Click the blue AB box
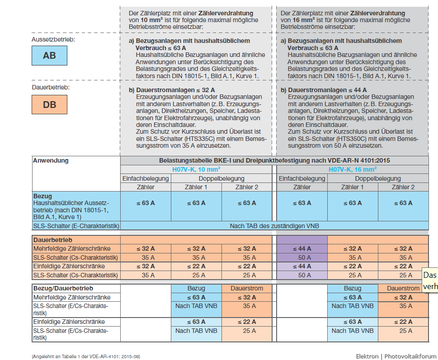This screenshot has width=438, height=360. (50, 56)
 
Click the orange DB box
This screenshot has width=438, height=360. (50, 104)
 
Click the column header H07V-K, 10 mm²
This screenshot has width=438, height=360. (196, 169)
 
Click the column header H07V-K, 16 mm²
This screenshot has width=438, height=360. (353, 169)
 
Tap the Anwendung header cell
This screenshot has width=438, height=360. (51, 161)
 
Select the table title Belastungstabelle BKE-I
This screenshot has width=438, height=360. (274, 160)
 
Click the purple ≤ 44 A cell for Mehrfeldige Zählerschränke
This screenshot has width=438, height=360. (302, 249)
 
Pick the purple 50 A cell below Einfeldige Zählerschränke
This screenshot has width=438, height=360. (302, 275)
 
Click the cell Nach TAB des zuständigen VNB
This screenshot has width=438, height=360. (274, 225)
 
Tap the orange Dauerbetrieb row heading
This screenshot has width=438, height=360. (53, 240)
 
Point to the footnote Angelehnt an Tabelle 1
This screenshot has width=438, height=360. (86, 356)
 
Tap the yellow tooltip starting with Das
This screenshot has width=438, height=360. (429, 280)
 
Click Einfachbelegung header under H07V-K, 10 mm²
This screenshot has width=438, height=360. (146, 178)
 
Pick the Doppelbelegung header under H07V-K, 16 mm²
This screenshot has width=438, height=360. (378, 178)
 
